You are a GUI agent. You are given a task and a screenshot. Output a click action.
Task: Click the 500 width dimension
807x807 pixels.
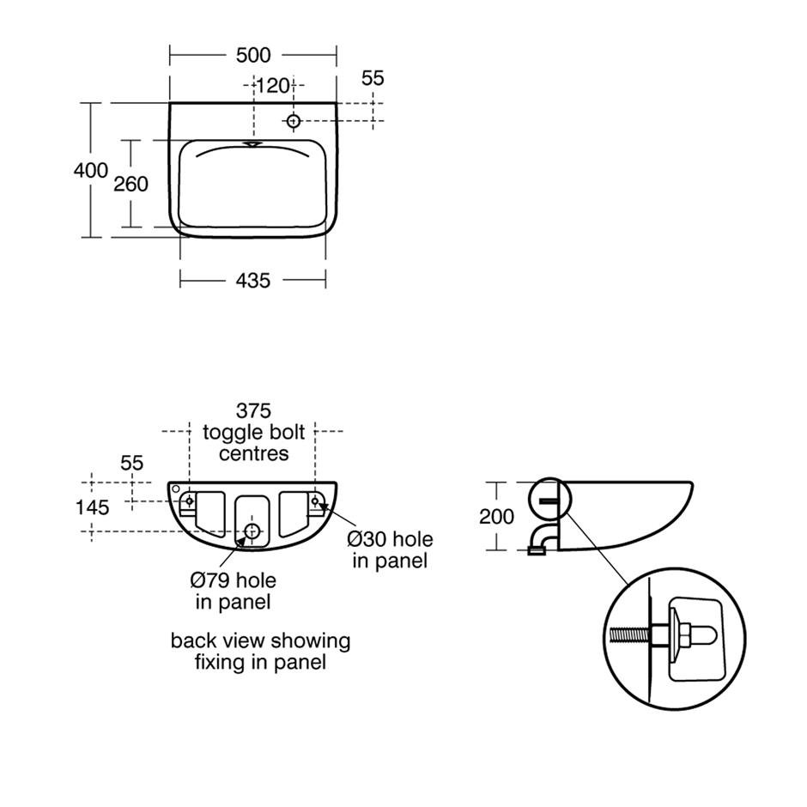[x=253, y=55]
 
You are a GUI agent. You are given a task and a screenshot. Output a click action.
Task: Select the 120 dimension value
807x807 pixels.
[x=273, y=86]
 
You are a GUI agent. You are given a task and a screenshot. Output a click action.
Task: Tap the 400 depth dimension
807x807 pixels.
[x=91, y=170]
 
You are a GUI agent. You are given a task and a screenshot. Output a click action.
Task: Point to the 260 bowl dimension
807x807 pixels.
[x=130, y=184]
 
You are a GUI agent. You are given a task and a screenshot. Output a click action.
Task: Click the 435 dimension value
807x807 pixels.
[x=252, y=281]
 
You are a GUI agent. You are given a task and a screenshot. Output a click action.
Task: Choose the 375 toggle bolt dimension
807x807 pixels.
[x=253, y=410]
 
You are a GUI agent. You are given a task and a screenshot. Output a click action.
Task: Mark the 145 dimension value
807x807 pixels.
[x=92, y=507]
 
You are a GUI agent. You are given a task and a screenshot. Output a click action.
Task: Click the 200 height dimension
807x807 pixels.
[x=497, y=516]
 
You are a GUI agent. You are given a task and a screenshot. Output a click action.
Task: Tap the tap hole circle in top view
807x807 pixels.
[x=294, y=121]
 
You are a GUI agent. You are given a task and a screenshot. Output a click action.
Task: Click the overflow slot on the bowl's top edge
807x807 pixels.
[x=252, y=144]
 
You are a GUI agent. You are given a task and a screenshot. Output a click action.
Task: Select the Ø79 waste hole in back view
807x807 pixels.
[x=252, y=531]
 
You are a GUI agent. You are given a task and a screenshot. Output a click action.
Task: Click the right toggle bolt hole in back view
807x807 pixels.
[x=315, y=501]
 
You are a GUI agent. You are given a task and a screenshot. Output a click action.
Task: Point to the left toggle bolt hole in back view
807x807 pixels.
[x=190, y=501]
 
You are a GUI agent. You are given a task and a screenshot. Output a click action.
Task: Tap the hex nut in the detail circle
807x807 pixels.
[x=684, y=635]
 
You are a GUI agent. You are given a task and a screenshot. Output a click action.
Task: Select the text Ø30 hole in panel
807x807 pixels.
[x=390, y=549]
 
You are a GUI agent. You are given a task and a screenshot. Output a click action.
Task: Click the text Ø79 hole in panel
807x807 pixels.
[x=234, y=591]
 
